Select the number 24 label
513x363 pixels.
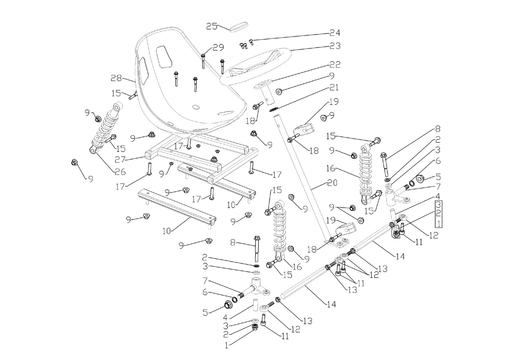334,33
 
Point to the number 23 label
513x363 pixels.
334,46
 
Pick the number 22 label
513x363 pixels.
334,65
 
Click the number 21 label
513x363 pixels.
334,87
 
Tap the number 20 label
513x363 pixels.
332,183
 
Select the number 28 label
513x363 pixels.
116,78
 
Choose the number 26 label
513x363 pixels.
120,172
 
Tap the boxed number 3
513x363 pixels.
439,205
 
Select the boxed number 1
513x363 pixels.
439,224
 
